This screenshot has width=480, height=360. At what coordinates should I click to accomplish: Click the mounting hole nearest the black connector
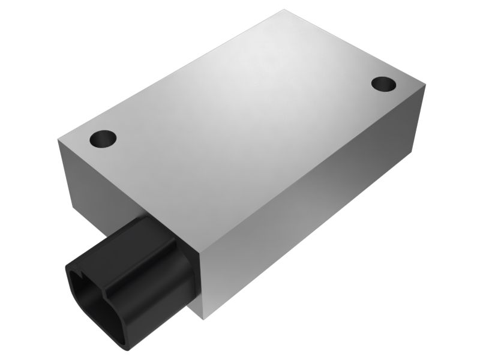[103, 139]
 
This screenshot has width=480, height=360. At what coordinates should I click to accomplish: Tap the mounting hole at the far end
[382, 84]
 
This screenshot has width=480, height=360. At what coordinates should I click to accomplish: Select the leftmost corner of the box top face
[58, 139]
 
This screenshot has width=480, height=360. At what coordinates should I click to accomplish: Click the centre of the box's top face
[240, 126]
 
